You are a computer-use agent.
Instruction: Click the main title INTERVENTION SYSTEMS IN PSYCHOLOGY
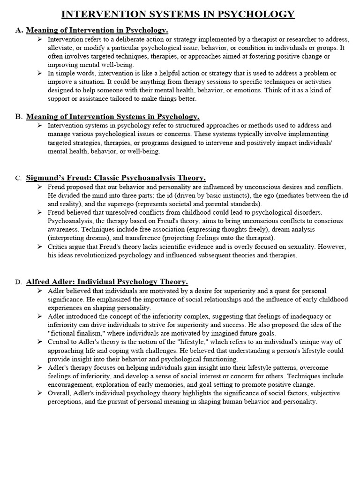[x=178, y=14]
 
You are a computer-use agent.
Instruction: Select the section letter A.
[x=19, y=30]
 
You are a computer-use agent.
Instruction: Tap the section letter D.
[x=18, y=282]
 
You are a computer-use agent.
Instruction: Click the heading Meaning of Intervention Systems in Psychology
[x=113, y=117]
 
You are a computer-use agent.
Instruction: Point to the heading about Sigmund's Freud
[x=116, y=178]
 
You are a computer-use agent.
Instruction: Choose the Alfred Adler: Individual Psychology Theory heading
[x=107, y=282]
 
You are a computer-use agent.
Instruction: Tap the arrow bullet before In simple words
[x=40, y=74]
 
